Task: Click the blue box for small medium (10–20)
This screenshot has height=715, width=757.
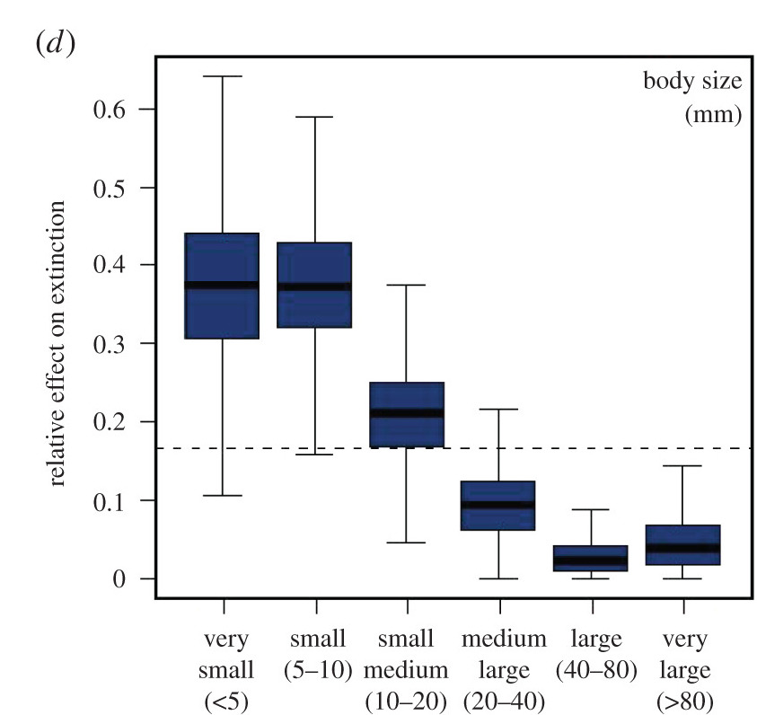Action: pos(407,395)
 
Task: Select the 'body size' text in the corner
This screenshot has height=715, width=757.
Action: pos(691,83)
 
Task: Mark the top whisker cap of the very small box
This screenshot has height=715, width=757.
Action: pos(222,76)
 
